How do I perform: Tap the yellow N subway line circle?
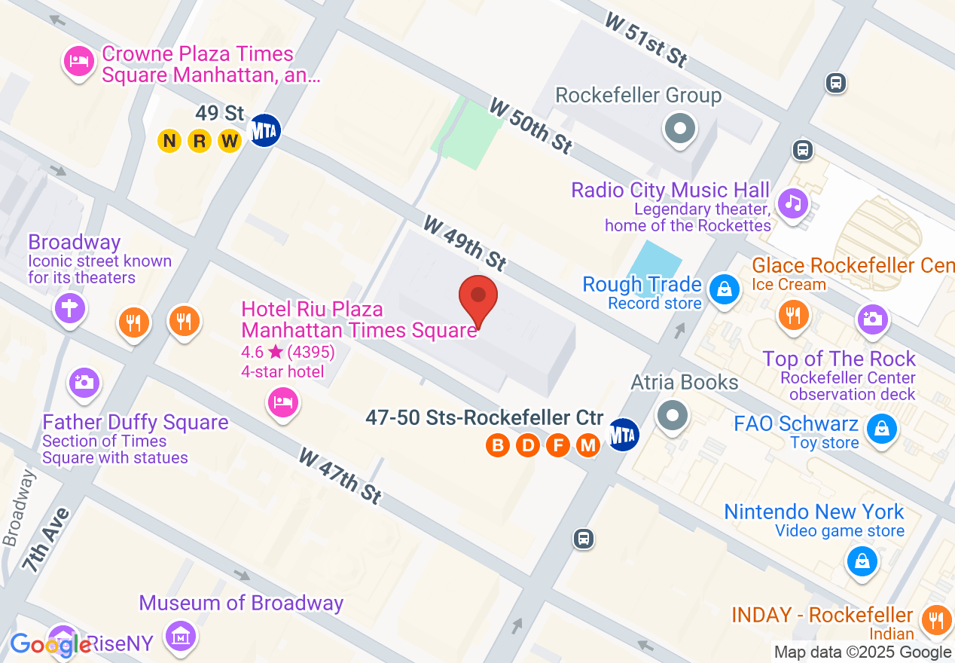(169, 141)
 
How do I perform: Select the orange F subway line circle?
(558, 445)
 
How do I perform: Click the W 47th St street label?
(340, 476)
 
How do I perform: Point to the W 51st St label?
(645, 39)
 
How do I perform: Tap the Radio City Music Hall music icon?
(793, 202)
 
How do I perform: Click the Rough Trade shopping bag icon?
(724, 289)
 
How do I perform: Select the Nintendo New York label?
(813, 512)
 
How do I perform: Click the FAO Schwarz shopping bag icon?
(880, 430)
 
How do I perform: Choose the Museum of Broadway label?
(241, 603)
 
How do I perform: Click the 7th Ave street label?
(46, 539)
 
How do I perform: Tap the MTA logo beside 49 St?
(265, 130)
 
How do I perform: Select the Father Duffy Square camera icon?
(84, 382)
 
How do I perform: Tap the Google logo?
(50, 645)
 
